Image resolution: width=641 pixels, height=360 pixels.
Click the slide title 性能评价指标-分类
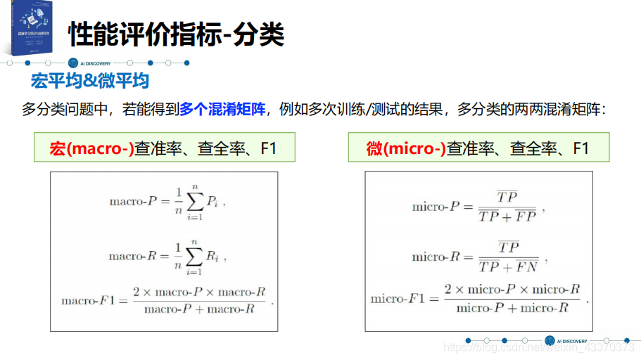176,34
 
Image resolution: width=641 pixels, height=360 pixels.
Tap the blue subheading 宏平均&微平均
89,81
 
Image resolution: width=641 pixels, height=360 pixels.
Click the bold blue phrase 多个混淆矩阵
222,109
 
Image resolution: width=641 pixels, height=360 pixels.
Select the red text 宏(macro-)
91,148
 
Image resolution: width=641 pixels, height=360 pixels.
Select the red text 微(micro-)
406,148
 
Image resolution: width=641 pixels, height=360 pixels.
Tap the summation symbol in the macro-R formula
193,257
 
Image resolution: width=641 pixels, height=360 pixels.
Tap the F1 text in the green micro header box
580,148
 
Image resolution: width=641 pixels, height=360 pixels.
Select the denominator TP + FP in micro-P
507,217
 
